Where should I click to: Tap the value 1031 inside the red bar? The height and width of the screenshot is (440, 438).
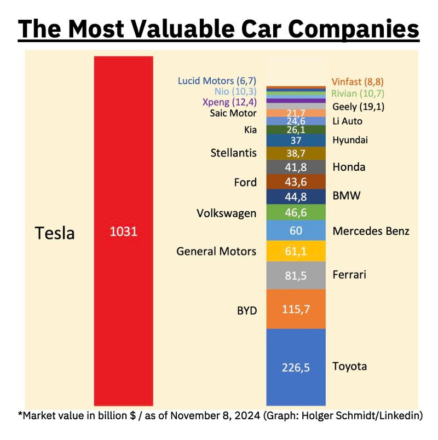(123, 231)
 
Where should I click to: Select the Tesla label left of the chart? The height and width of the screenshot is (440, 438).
(55, 233)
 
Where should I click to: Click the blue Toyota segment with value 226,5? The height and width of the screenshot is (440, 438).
(296, 367)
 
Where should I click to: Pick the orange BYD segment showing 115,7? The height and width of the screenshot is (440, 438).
(296, 309)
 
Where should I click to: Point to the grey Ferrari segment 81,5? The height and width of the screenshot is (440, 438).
(296, 275)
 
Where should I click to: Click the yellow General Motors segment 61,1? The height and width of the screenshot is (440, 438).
(296, 251)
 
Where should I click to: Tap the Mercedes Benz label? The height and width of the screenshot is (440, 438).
(371, 231)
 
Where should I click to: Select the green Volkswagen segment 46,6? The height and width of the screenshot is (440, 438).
(296, 212)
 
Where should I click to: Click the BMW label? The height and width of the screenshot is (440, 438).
(347, 195)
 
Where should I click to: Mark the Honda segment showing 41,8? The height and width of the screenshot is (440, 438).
(296, 167)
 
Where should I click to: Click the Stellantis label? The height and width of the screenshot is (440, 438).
(233, 153)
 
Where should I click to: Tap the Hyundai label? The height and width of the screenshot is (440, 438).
(350, 140)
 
